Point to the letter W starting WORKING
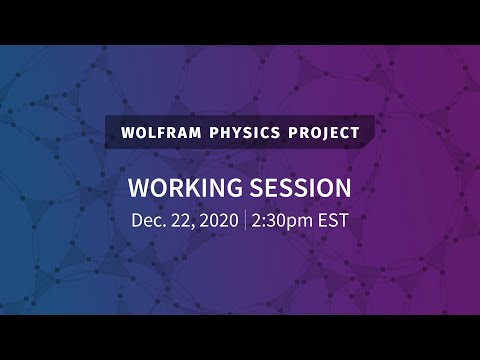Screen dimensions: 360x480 tap(140, 189)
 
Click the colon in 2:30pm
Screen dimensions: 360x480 tap(265, 222)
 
